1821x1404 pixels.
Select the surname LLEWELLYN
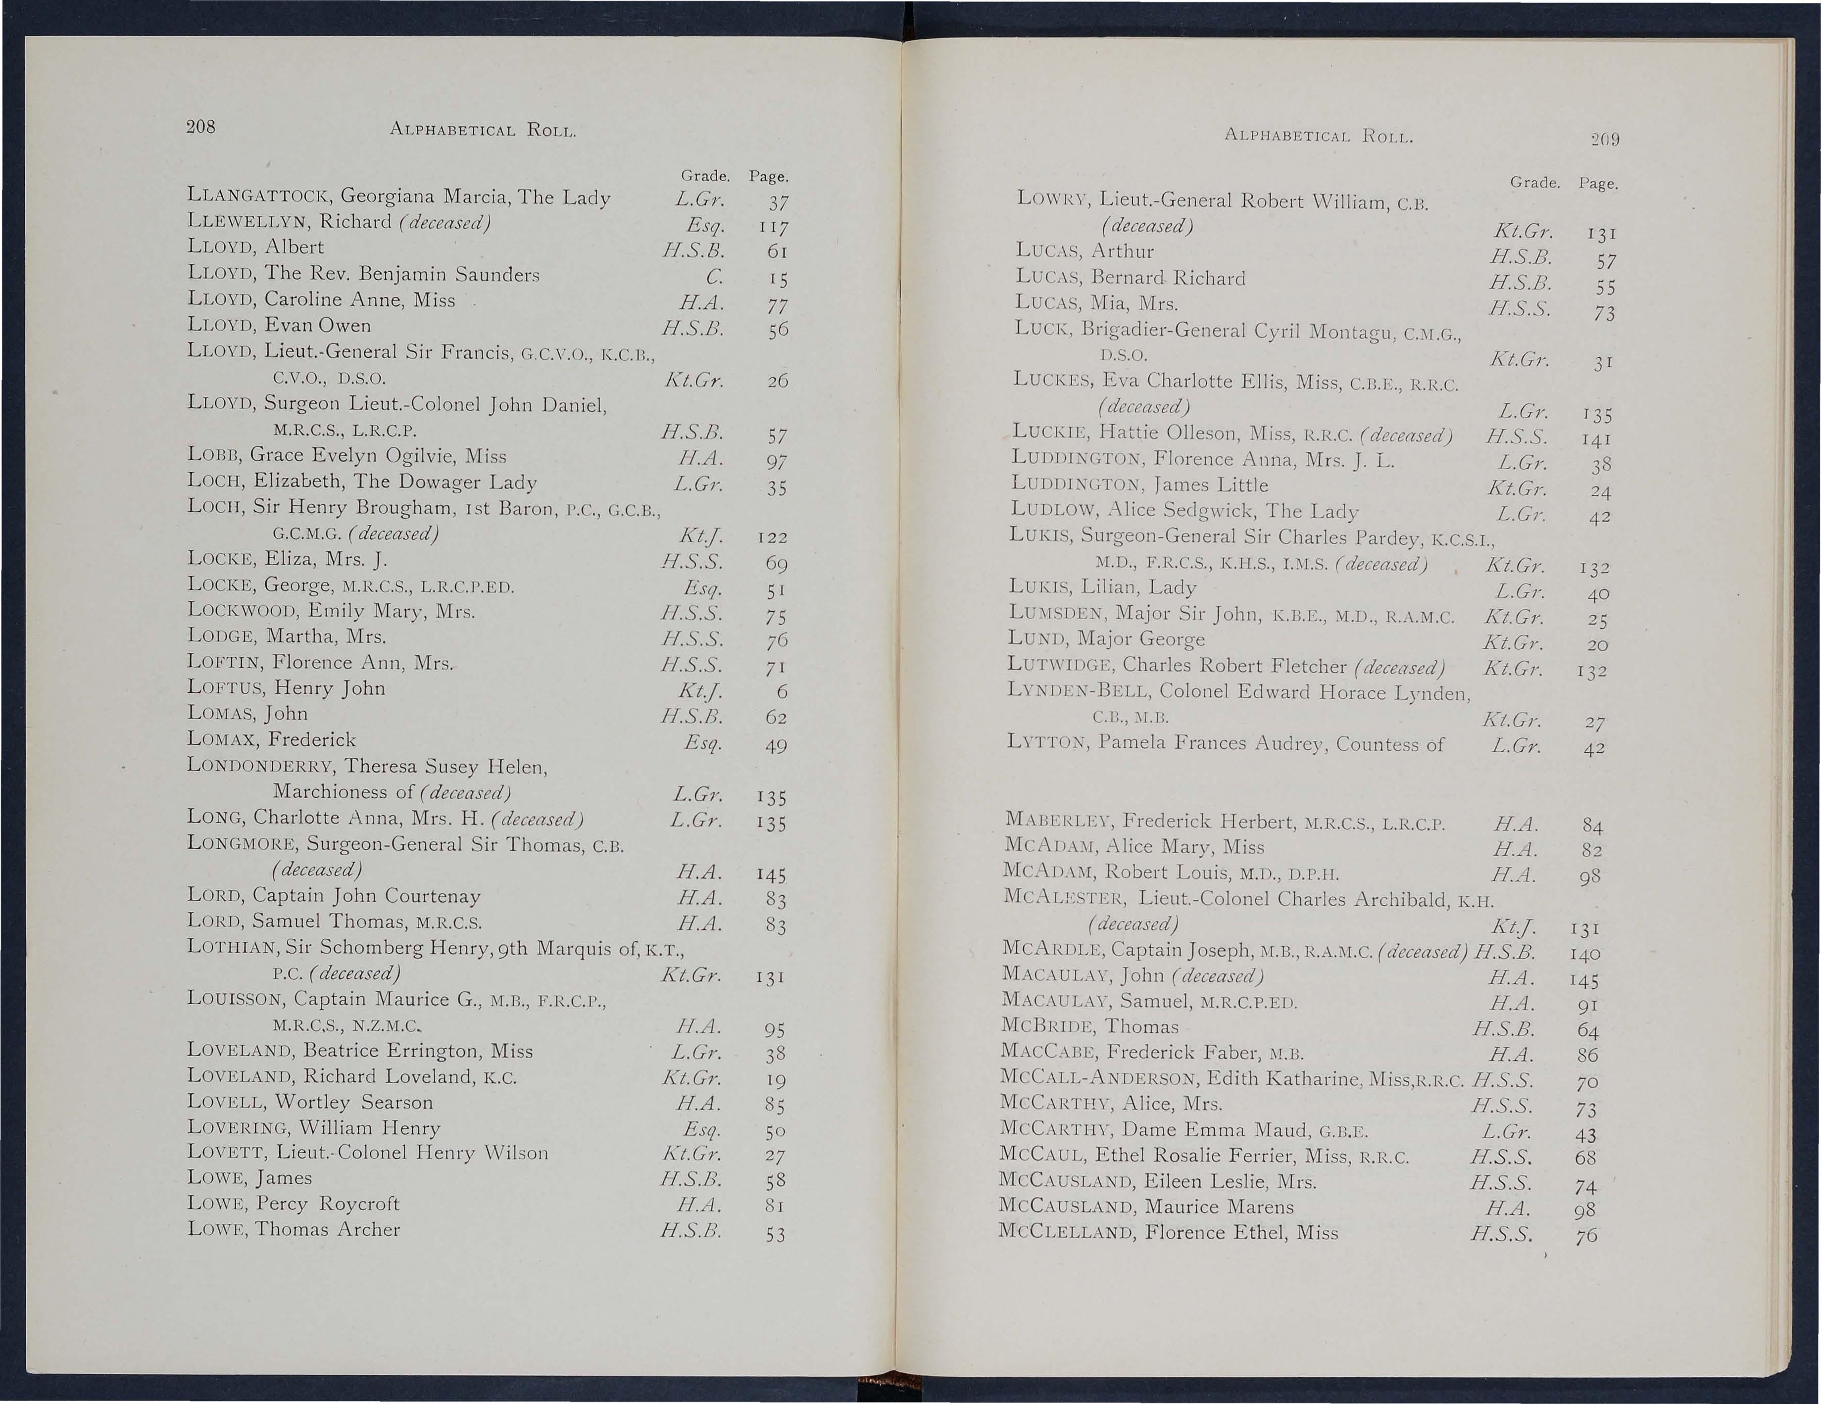(247, 223)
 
